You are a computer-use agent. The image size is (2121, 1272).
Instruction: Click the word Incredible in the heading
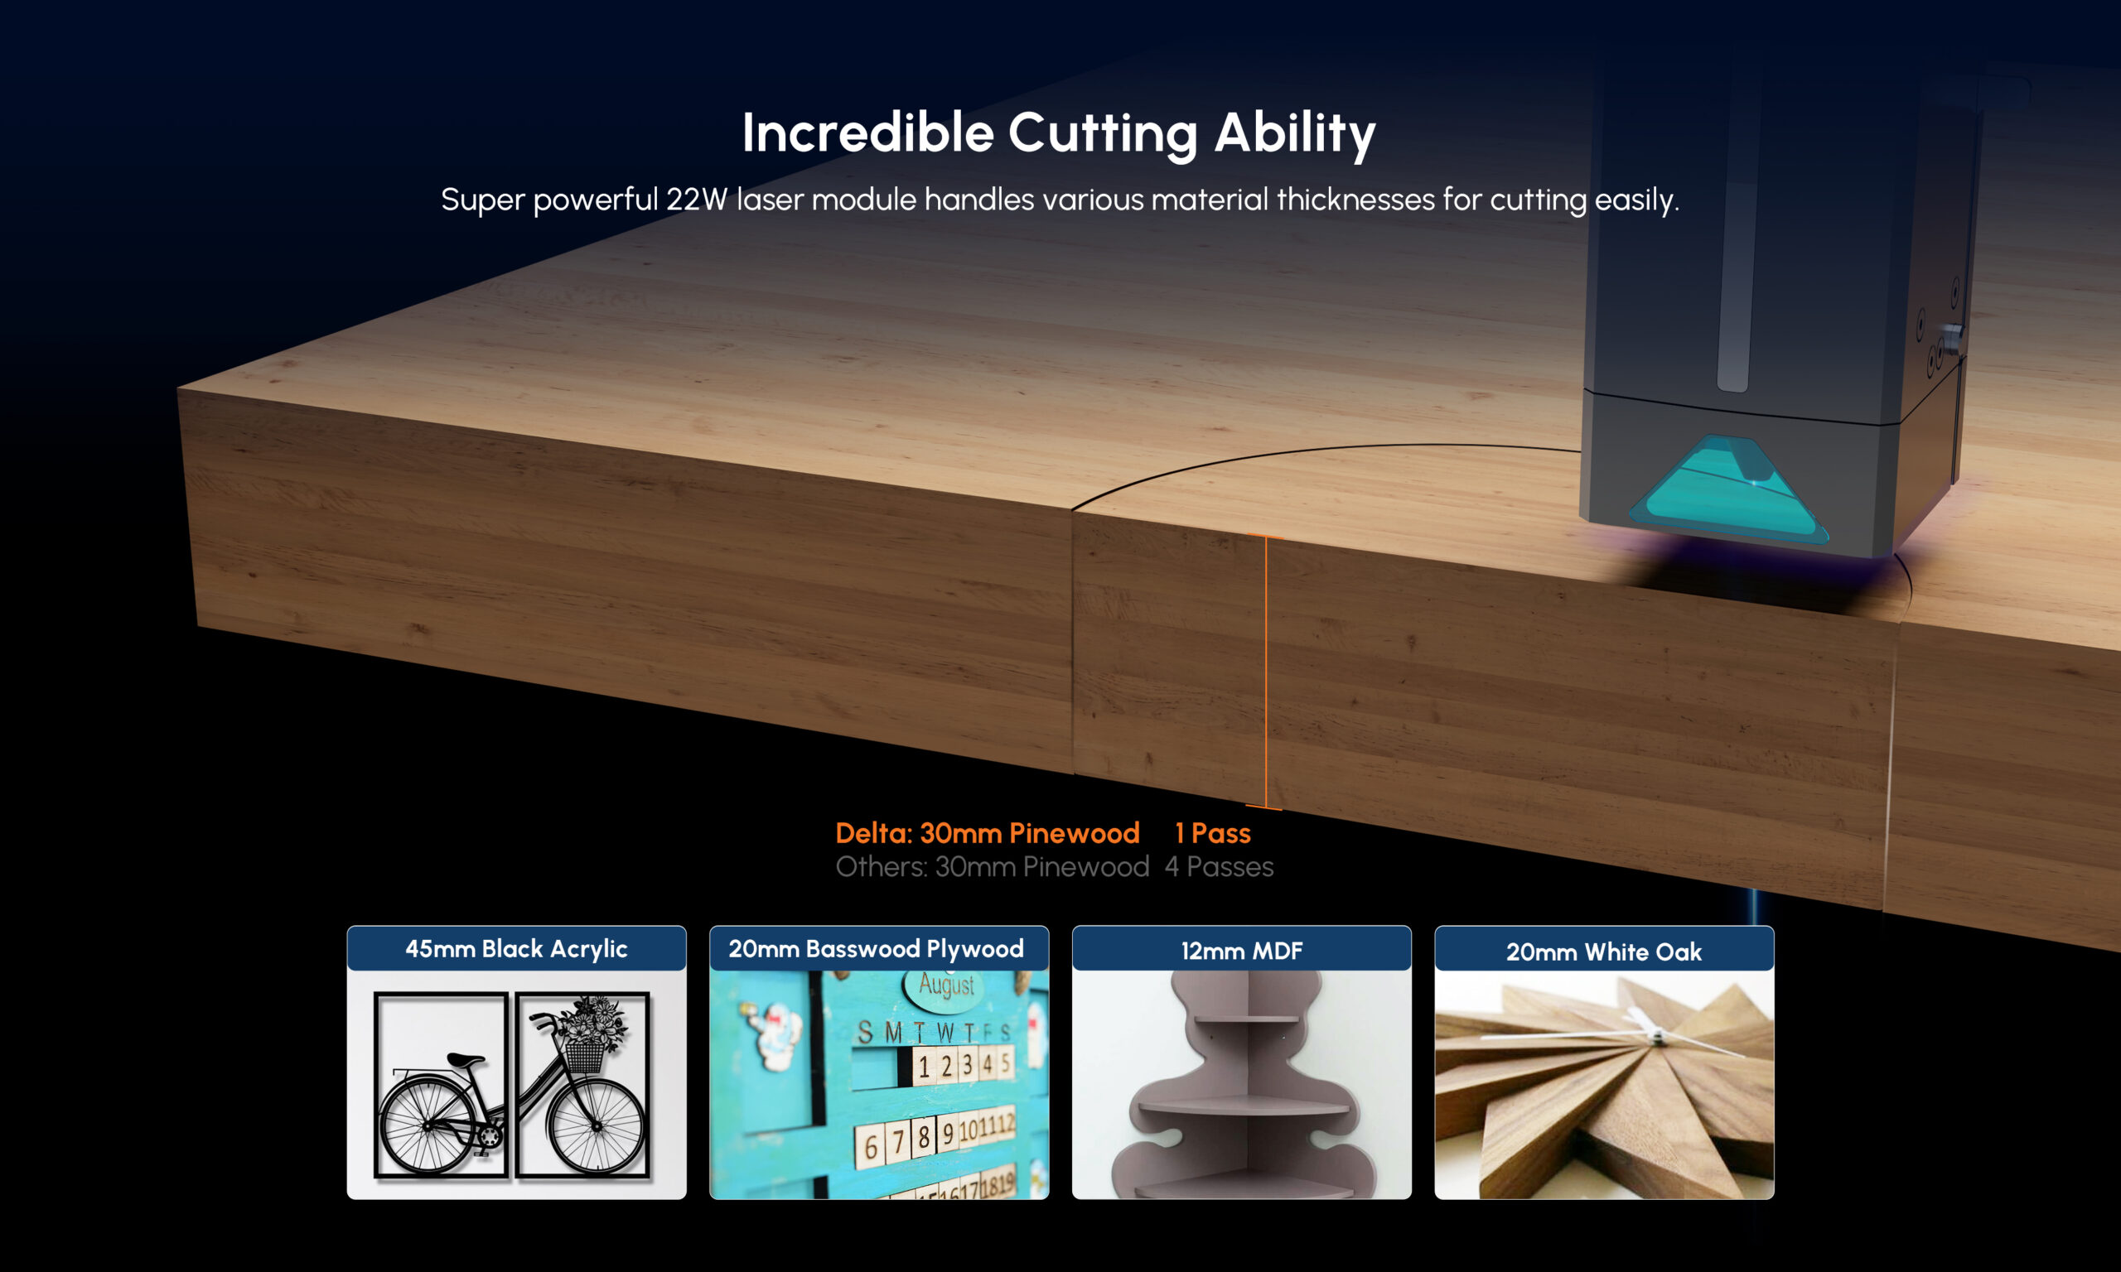click(x=867, y=132)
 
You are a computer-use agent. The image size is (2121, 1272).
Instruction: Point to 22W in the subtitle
click(x=697, y=200)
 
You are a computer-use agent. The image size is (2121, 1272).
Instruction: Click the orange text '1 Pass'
click(x=1212, y=833)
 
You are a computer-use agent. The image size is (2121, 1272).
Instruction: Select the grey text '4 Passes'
click(x=1218, y=866)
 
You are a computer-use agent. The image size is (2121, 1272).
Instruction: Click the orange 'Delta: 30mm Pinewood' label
click(x=988, y=833)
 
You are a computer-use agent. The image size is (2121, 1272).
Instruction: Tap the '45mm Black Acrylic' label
click(x=516, y=949)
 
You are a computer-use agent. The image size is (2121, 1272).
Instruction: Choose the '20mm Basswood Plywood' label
click(x=877, y=949)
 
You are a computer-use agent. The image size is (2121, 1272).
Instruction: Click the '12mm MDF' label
click(x=1241, y=951)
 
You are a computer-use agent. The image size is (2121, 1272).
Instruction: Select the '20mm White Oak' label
click(x=1604, y=952)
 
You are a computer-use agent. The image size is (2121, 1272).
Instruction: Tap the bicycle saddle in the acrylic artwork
click(x=465, y=1061)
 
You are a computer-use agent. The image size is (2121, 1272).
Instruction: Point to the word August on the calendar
click(x=946, y=985)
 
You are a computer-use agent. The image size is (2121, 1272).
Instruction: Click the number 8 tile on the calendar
click(x=923, y=1137)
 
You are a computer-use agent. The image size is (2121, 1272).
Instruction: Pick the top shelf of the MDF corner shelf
click(x=1247, y=1019)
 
